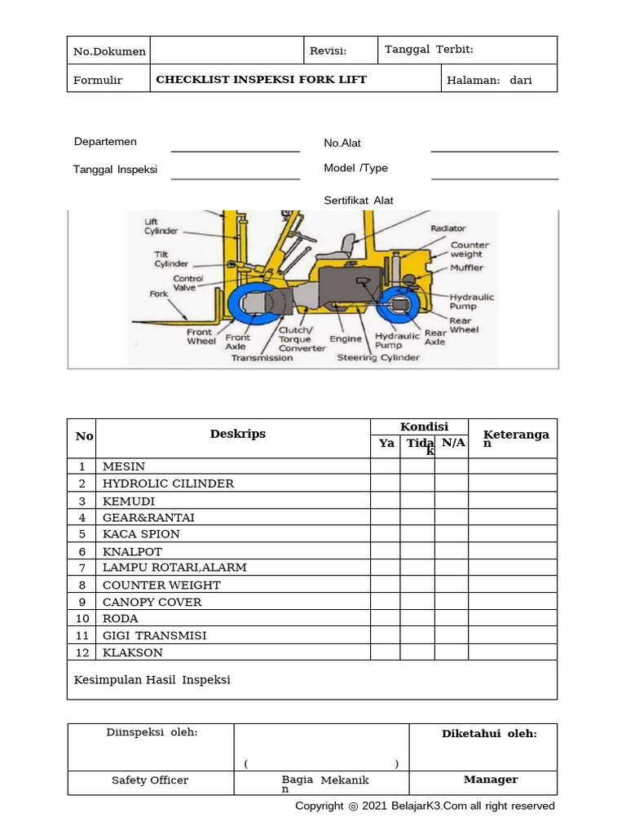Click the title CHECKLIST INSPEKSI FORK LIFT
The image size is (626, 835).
[x=261, y=79]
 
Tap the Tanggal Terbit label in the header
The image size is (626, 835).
[x=429, y=50]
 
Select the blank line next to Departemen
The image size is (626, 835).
[x=235, y=151]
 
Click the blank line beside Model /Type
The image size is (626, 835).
[x=494, y=178]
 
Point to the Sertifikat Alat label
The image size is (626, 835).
[x=359, y=201]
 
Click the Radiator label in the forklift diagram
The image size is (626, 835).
[x=448, y=229]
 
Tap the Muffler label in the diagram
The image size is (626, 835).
[x=466, y=267]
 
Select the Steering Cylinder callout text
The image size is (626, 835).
[x=378, y=357]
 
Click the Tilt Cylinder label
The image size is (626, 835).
[x=171, y=259]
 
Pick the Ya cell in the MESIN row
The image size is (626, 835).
[x=386, y=466]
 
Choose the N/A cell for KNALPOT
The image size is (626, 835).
[x=452, y=551]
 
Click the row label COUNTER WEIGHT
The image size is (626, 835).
[x=161, y=585]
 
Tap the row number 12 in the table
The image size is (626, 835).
[x=82, y=652]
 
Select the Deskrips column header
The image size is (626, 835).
[x=237, y=434]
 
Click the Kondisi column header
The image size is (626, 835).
[x=420, y=427]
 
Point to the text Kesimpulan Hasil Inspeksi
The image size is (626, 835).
[x=152, y=679]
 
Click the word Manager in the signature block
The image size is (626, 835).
[x=491, y=780]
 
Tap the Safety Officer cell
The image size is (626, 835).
[x=150, y=780]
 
